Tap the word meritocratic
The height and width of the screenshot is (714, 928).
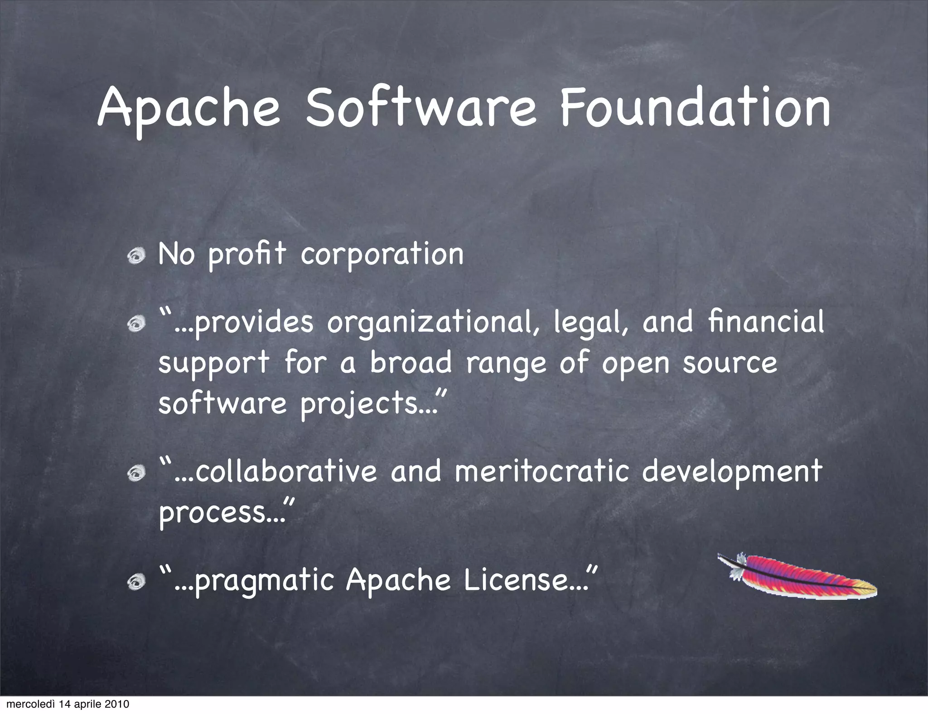542,471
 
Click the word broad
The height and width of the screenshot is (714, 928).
411,362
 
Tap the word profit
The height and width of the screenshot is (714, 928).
247,255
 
